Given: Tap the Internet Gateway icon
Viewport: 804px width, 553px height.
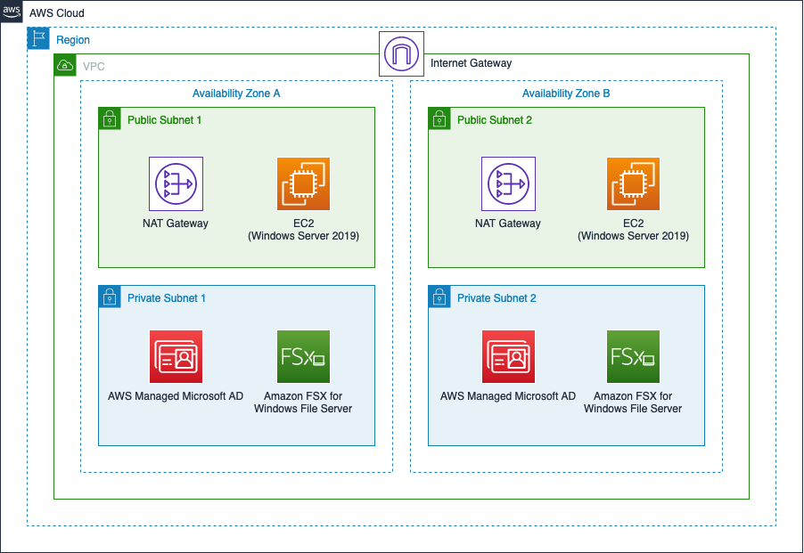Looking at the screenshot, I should (x=401, y=53).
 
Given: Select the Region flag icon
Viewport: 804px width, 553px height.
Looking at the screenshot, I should (x=38, y=38).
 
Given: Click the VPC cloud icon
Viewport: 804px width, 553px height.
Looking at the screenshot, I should (x=65, y=65).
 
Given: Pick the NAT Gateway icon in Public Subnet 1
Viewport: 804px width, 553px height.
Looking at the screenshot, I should (x=176, y=183).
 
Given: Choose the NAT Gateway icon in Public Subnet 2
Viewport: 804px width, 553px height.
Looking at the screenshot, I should (x=508, y=183).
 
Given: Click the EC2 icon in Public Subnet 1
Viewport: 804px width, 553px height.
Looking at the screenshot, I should (x=303, y=183).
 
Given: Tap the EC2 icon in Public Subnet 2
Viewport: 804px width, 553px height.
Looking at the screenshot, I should (x=633, y=183).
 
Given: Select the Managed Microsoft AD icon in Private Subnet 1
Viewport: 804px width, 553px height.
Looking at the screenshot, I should (x=176, y=356).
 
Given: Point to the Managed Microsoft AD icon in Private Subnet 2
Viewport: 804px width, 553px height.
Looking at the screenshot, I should (x=508, y=356).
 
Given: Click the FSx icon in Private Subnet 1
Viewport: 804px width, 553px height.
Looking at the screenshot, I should (x=303, y=356).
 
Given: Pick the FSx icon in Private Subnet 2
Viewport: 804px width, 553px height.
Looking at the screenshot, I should (x=633, y=356).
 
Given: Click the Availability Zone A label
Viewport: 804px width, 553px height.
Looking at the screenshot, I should (x=236, y=94).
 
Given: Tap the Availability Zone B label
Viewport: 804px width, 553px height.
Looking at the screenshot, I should (x=566, y=94).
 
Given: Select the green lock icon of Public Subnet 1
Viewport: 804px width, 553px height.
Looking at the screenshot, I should (x=109, y=118).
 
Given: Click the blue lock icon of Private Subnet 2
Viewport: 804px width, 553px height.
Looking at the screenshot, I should (x=439, y=297).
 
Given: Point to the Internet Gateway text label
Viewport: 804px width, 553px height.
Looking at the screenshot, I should (x=471, y=63).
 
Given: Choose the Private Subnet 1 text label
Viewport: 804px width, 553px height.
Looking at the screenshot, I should (x=167, y=298).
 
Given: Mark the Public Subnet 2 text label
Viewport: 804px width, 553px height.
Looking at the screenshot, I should (x=495, y=120).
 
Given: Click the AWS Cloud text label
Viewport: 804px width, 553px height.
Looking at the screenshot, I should (x=57, y=13).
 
